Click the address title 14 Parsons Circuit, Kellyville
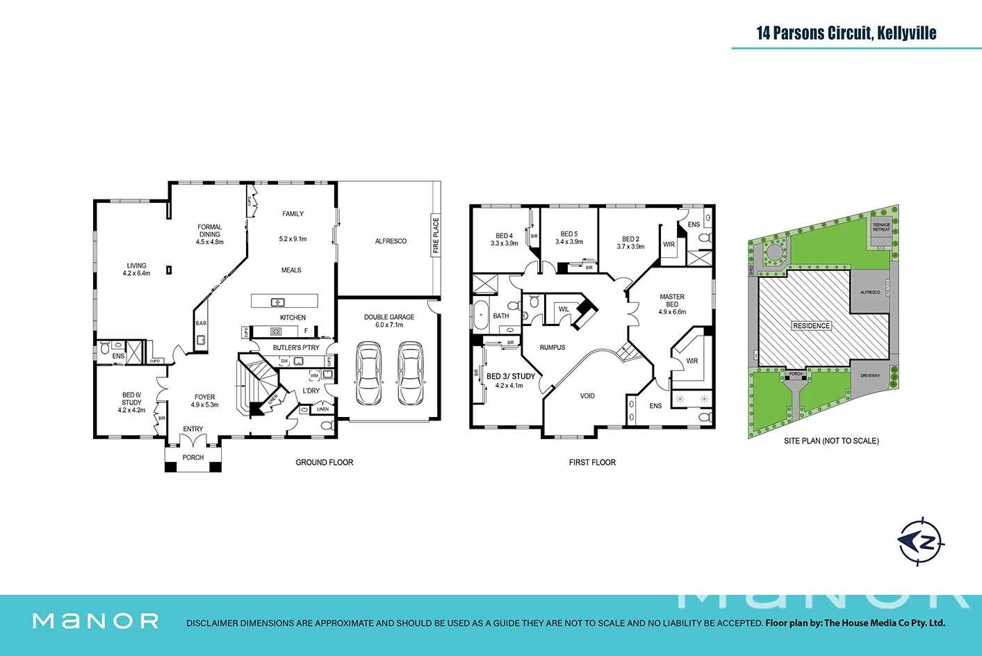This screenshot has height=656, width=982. [x=846, y=33]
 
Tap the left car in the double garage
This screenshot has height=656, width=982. [x=368, y=373]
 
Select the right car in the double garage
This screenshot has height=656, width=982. [x=410, y=373]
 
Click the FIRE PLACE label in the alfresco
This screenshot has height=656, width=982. [x=436, y=235]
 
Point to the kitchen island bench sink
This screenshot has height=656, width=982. [x=277, y=302]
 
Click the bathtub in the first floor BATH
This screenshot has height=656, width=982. [x=480, y=315]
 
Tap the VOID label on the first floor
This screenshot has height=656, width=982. [x=587, y=396]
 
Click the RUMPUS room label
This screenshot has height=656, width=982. [x=553, y=347]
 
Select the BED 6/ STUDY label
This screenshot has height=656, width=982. [x=131, y=399]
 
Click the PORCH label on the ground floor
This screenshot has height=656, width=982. [x=193, y=457]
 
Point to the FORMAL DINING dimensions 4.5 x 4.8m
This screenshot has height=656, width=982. [x=210, y=242]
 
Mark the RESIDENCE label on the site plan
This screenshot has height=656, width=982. [x=811, y=326]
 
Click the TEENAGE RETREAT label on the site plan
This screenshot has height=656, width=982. [x=881, y=227]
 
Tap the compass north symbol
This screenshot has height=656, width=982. [x=922, y=541]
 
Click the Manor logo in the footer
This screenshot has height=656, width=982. [x=96, y=621]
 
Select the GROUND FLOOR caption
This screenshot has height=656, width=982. [x=324, y=462]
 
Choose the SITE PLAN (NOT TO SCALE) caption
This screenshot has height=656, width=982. [x=831, y=441]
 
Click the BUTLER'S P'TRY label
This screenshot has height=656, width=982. [x=296, y=347]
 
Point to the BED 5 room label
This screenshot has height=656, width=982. [x=569, y=234]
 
